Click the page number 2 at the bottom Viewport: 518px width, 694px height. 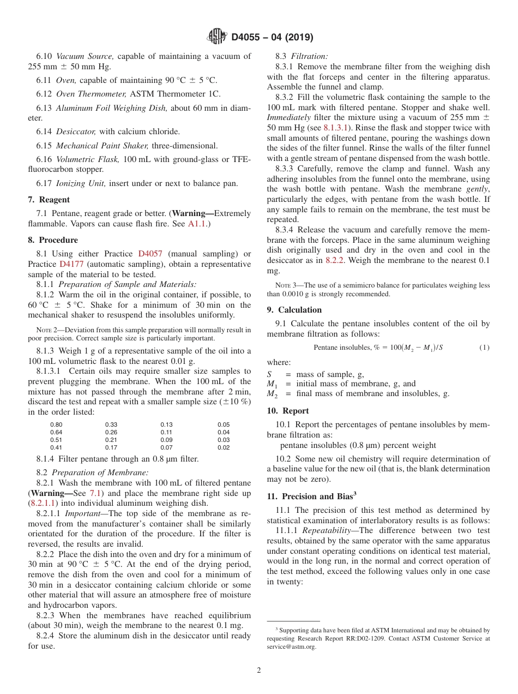pos(259,671)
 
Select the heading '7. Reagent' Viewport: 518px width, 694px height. pos(49,200)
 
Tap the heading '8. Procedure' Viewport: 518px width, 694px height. pos(53,240)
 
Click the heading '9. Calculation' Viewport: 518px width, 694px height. pos(294,310)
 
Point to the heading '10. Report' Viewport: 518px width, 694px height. pos(287,411)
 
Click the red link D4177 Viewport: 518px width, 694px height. pos(70,264)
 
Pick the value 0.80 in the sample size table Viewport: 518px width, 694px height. pos(56,424)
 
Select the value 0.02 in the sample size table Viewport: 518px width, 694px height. pos(224,447)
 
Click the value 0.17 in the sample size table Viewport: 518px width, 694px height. pos(111,447)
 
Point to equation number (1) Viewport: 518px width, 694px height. pos(484,348)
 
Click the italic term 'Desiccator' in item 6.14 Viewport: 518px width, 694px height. pos(76,131)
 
